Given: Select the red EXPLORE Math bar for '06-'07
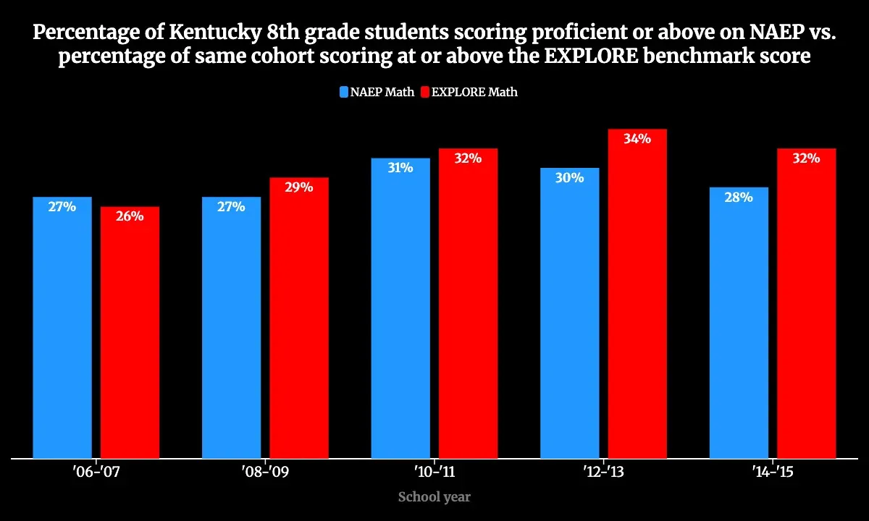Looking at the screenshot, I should (130, 332).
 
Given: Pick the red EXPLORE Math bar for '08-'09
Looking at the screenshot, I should (299, 318).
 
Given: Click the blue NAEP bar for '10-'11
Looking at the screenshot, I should (400, 308).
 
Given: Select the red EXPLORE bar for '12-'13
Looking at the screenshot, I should (637, 293).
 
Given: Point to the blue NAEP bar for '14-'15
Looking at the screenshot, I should (739, 322).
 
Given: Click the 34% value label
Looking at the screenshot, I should (637, 139).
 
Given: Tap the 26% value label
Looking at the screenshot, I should (130, 216).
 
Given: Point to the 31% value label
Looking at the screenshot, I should (400, 168).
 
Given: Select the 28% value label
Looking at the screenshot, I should (739, 197).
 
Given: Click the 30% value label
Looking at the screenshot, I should (570, 178).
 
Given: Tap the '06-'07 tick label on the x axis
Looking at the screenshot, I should (96, 473).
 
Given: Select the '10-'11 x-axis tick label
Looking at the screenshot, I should (434, 473).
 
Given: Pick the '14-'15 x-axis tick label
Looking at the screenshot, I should (773, 473).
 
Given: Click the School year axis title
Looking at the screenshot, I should (434, 497).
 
